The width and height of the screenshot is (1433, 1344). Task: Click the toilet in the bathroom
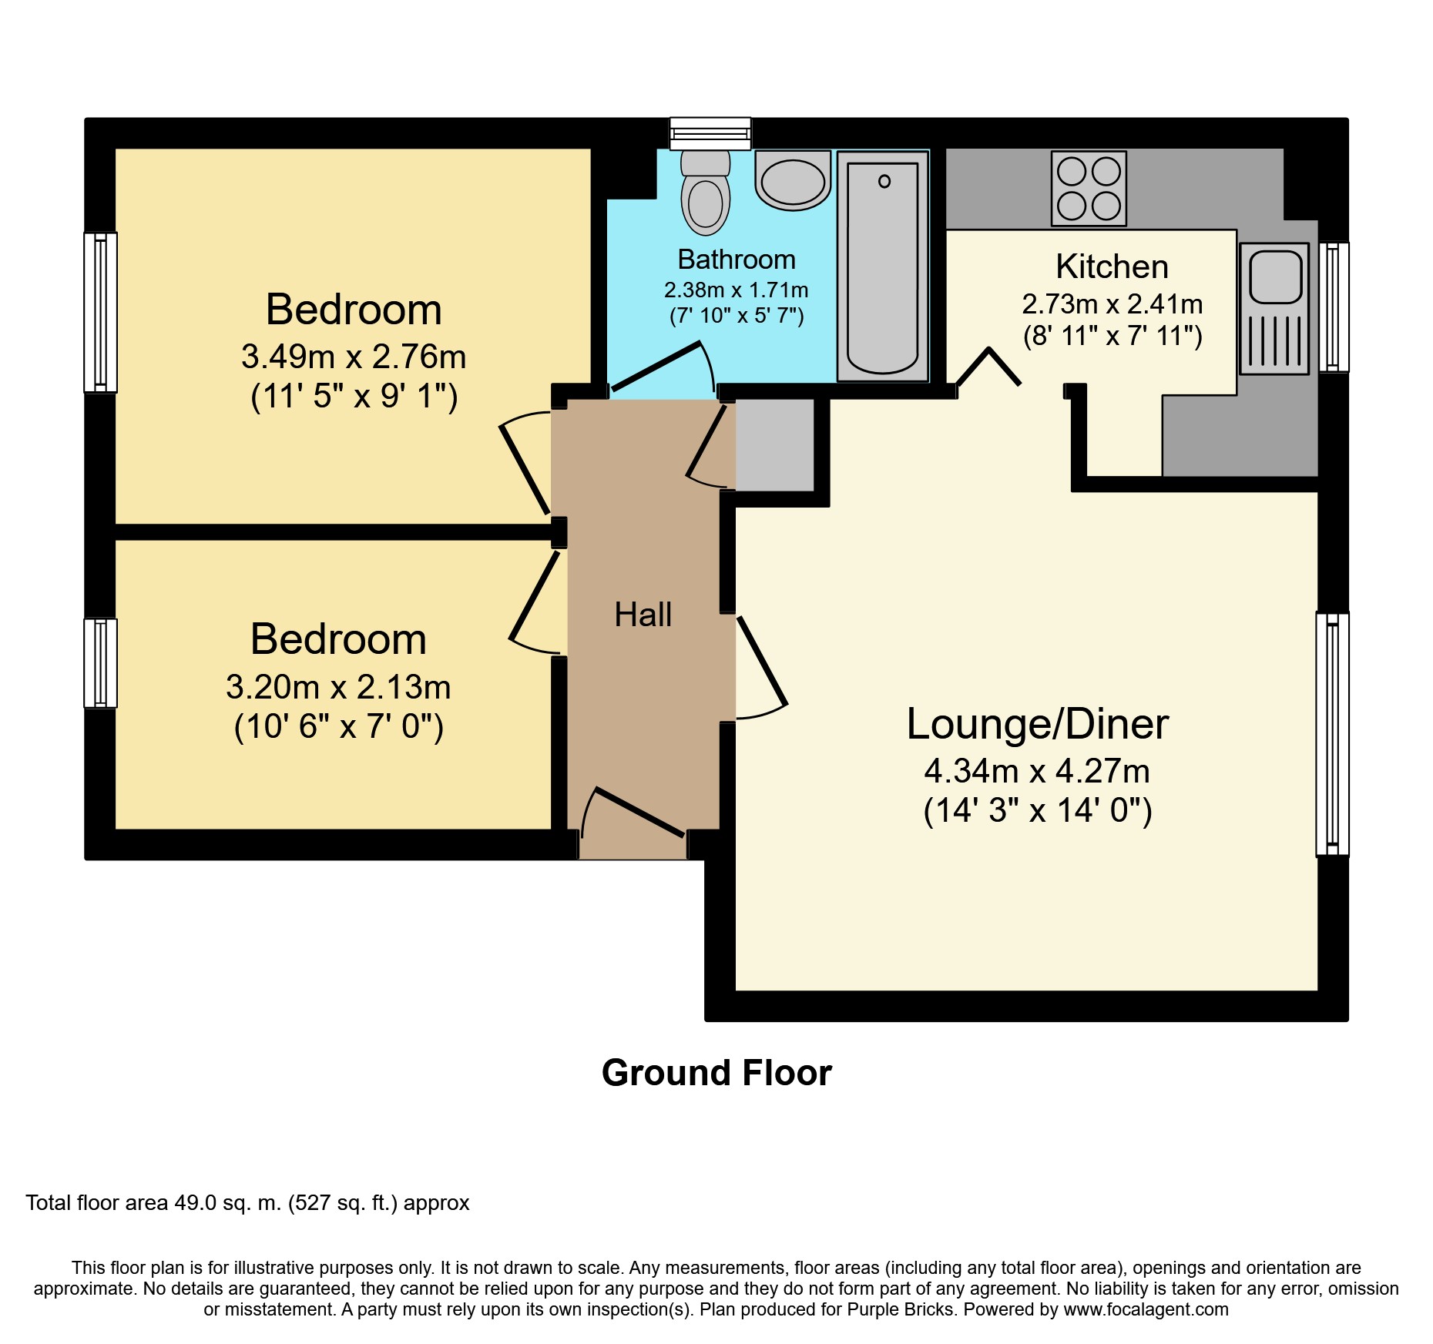click(x=705, y=193)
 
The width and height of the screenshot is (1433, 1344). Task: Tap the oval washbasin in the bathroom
click(x=793, y=180)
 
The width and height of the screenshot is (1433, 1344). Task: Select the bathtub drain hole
click(x=884, y=181)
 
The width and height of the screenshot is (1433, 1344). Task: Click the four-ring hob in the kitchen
click(x=1089, y=189)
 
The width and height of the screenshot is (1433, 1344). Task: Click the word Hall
click(x=643, y=615)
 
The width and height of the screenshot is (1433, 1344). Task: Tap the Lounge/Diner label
click(x=1037, y=724)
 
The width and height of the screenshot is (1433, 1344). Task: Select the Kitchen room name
click(x=1112, y=266)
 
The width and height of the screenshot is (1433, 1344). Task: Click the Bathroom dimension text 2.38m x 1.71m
click(x=737, y=290)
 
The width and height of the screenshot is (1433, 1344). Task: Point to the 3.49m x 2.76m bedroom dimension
click(x=354, y=357)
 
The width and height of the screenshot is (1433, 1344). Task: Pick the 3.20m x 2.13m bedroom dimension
click(x=338, y=687)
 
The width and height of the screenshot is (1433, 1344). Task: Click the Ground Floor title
click(x=716, y=1073)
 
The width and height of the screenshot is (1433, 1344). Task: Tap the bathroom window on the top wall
click(x=710, y=133)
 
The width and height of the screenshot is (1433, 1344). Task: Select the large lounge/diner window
click(x=1332, y=734)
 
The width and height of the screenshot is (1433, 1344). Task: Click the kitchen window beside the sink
click(x=1334, y=307)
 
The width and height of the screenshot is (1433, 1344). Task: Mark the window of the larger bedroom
click(x=100, y=312)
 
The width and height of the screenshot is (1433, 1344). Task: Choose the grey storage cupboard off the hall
click(x=775, y=444)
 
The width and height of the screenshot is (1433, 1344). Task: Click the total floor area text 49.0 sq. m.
click(x=247, y=1203)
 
